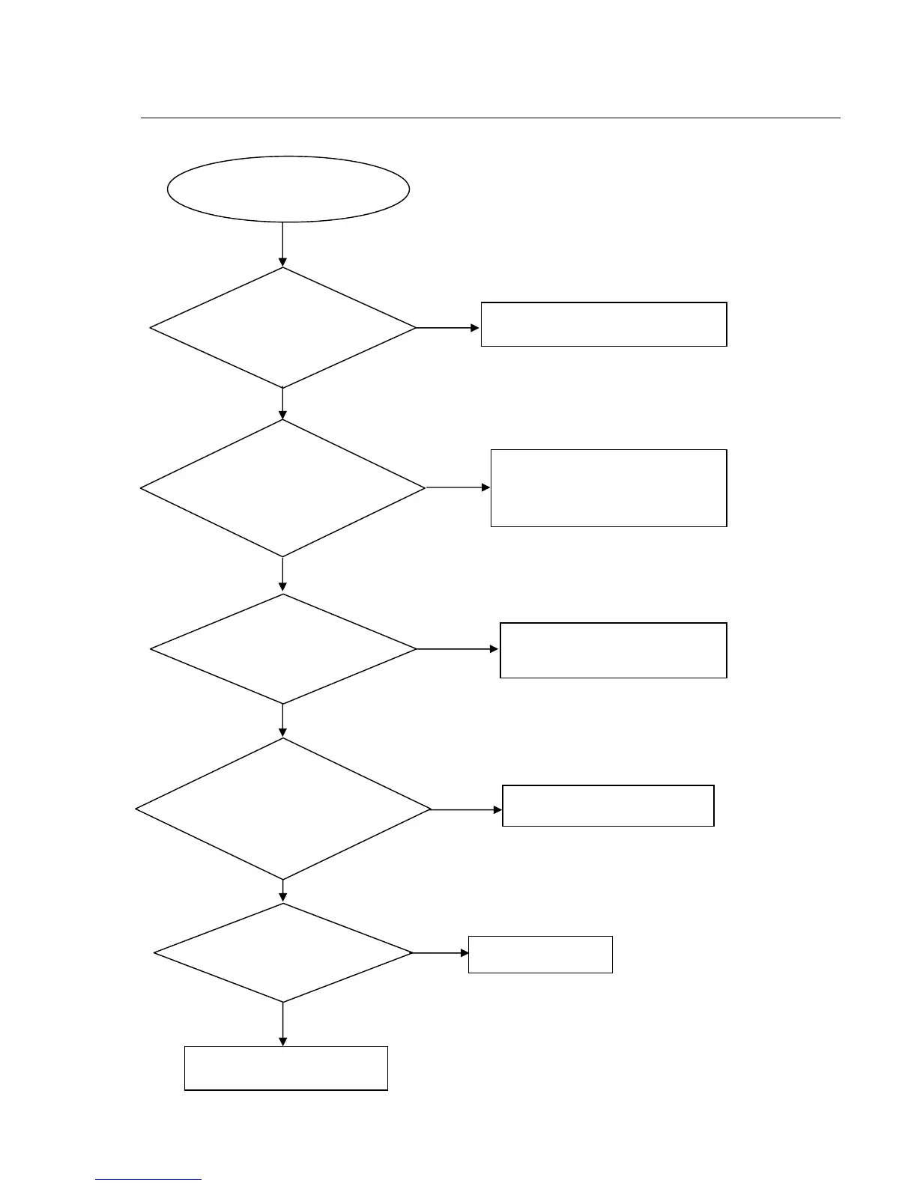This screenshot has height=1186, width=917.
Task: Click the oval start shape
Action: click(288, 189)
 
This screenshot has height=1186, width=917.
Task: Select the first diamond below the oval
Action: click(282, 328)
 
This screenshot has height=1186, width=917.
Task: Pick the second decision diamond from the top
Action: click(282, 487)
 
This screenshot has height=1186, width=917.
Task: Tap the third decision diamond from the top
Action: click(282, 649)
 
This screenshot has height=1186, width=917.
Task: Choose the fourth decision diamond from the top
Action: click(282, 809)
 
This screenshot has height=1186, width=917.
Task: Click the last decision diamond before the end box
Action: click(282, 953)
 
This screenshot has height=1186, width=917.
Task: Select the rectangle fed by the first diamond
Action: click(603, 324)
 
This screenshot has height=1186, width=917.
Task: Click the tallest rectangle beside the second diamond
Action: click(608, 488)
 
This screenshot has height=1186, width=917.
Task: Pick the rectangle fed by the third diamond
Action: click(613, 650)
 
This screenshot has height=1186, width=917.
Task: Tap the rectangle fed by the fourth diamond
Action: click(608, 806)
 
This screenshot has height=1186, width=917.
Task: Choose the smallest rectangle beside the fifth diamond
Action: click(540, 955)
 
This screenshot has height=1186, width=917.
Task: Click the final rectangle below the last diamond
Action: click(285, 1068)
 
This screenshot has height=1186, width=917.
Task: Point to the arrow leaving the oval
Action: click(282, 244)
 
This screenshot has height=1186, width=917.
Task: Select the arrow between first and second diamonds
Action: click(282, 404)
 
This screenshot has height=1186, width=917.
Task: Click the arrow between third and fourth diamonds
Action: click(282, 721)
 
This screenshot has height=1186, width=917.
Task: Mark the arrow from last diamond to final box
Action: click(282, 1024)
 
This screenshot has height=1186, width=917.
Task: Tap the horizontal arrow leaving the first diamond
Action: click(448, 328)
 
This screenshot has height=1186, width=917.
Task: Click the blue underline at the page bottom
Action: click(148, 1180)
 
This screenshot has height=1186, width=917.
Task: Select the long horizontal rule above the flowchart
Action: click(491, 118)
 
